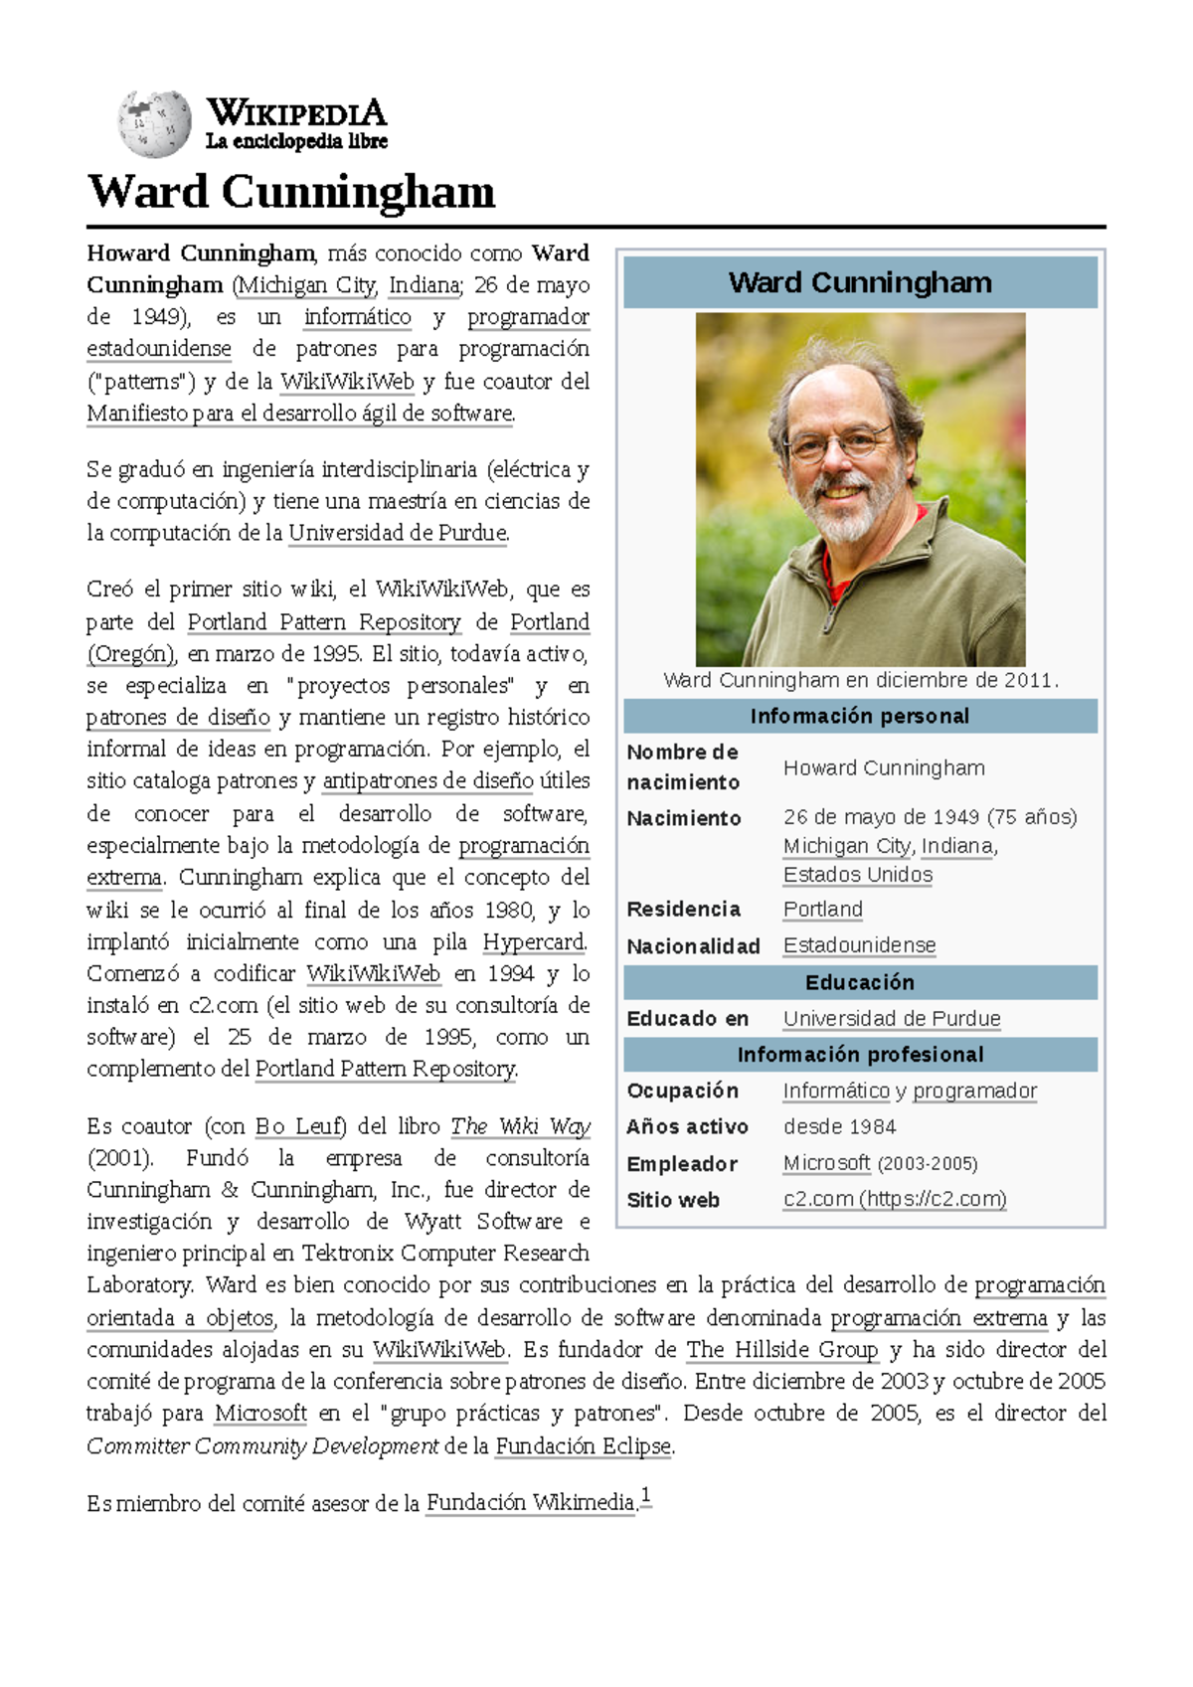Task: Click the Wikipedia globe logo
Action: [153, 124]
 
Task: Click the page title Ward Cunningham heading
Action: [290, 192]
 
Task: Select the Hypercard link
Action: [534, 941]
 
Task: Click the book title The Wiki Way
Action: [520, 1126]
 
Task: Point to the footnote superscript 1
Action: [645, 1496]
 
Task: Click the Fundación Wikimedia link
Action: [530, 1503]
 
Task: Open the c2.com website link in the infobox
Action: [894, 1199]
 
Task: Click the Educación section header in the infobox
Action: [860, 982]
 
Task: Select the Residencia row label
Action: [683, 910]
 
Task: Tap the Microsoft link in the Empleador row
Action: [826, 1163]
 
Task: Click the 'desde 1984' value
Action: [839, 1126]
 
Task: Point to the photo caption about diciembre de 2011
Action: [860, 681]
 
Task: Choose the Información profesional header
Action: [860, 1055]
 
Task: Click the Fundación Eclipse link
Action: [584, 1446]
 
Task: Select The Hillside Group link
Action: [781, 1350]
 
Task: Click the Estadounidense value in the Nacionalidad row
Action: [859, 945]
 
